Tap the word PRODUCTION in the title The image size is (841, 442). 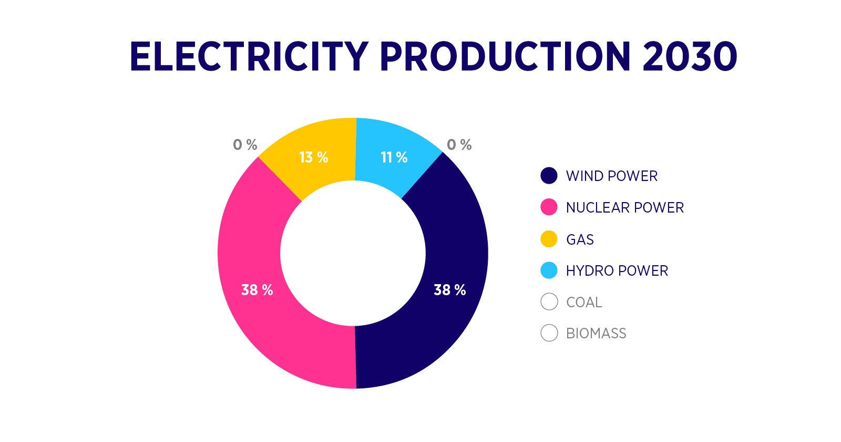505,56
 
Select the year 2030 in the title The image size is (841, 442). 690,56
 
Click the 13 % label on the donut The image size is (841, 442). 313,157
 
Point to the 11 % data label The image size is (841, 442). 394,157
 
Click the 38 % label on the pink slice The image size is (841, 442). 257,290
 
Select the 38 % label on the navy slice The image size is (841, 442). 449,290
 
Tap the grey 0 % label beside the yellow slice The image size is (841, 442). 245,145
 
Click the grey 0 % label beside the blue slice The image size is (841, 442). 459,145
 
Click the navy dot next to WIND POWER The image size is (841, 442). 549,176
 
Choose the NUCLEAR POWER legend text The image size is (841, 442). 625,207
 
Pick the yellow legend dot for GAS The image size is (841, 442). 549,239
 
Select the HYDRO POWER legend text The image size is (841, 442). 617,270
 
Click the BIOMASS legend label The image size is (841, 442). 596,334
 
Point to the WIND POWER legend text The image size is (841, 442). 612,176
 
